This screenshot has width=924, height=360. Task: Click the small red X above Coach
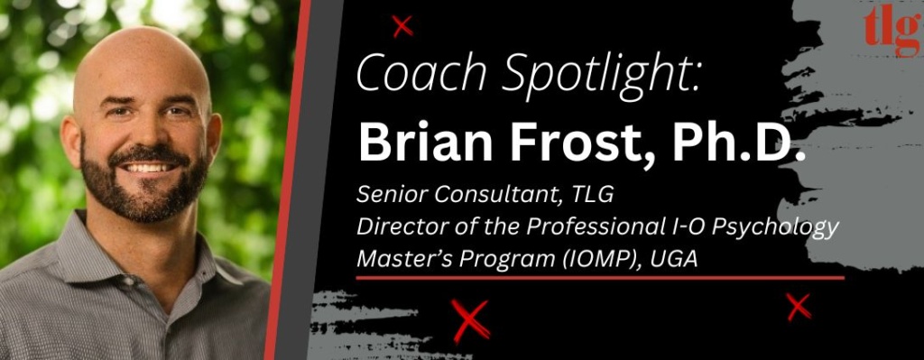click(403, 27)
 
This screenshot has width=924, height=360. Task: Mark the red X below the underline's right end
click(798, 308)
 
